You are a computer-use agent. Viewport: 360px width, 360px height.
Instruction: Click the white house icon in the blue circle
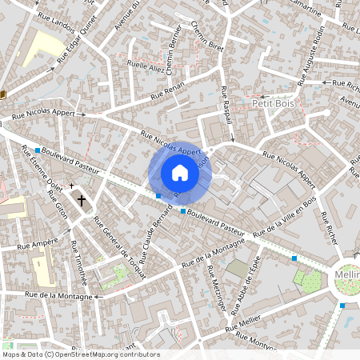(x=180, y=173)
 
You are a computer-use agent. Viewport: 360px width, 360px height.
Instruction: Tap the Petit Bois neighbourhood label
(x=274, y=103)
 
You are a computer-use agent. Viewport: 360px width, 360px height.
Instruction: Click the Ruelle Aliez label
(x=146, y=71)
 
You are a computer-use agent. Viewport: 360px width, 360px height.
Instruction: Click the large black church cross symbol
(x=81, y=200)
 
